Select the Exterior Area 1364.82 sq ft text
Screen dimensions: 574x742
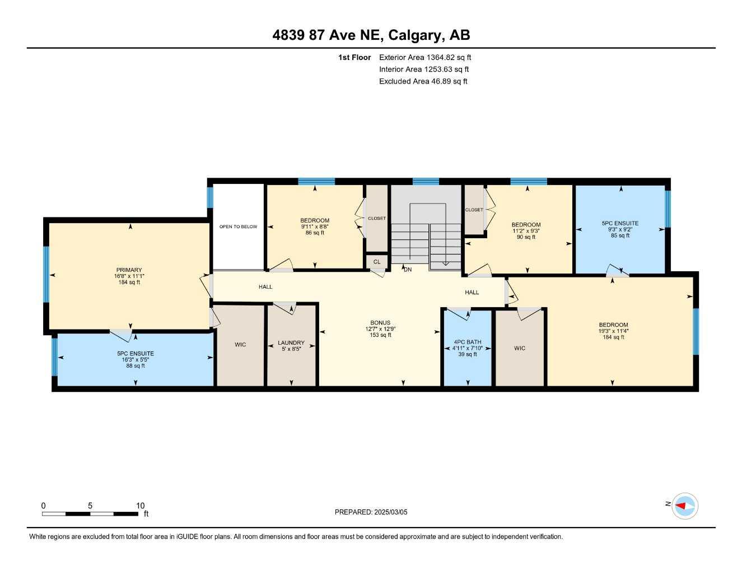tap(425, 57)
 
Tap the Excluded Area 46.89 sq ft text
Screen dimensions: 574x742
tap(423, 81)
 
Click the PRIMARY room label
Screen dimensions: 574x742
tap(129, 270)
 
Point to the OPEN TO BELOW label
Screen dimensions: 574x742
tap(238, 226)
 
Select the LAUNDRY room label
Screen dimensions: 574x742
tap(291, 342)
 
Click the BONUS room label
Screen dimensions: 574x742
tap(380, 323)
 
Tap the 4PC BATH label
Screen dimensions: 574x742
tap(468, 342)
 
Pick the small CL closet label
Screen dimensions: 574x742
tap(377, 262)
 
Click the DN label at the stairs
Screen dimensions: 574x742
tap(408, 270)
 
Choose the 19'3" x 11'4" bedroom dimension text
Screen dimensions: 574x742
tap(613, 331)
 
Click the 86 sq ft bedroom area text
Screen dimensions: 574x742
tap(315, 233)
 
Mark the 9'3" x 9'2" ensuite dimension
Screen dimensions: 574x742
tap(620, 229)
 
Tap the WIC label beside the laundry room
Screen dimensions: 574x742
tap(240, 345)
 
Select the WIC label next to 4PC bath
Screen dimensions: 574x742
tap(520, 348)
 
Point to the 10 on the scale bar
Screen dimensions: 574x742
tap(141, 506)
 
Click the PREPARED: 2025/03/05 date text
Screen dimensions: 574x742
tap(371, 512)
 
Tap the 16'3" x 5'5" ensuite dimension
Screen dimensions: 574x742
tap(136, 360)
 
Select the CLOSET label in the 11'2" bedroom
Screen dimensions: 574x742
tap(474, 210)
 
